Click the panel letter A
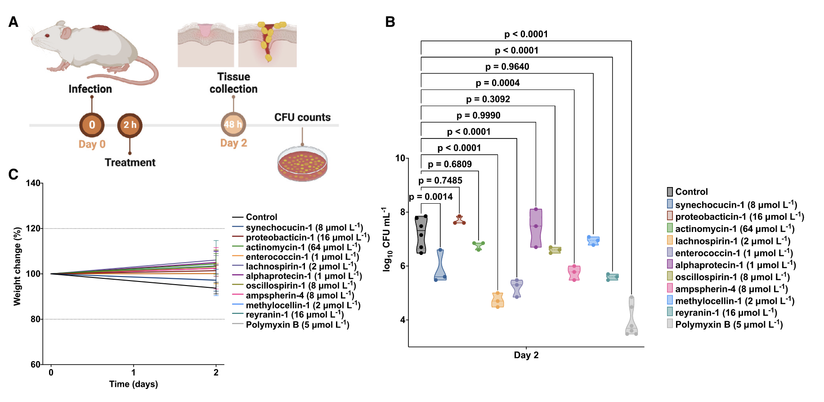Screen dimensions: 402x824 (13, 22)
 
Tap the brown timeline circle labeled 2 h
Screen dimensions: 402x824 (130, 125)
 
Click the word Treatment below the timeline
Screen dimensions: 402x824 (130, 162)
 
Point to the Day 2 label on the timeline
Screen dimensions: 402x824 (233, 143)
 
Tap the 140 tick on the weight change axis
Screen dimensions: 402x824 (33, 183)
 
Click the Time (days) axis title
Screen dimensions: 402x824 (134, 384)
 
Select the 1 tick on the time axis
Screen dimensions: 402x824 (134, 372)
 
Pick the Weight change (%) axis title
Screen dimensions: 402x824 (17, 266)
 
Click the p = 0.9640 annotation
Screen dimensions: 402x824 (507, 67)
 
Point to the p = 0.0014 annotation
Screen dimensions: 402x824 (430, 197)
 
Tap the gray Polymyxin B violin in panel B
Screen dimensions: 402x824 (631, 317)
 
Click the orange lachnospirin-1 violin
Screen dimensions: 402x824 (497, 300)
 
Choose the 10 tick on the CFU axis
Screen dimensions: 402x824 (400, 158)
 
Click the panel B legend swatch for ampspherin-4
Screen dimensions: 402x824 (670, 288)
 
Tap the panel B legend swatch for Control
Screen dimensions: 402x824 (670, 192)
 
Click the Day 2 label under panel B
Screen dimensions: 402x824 (526, 355)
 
